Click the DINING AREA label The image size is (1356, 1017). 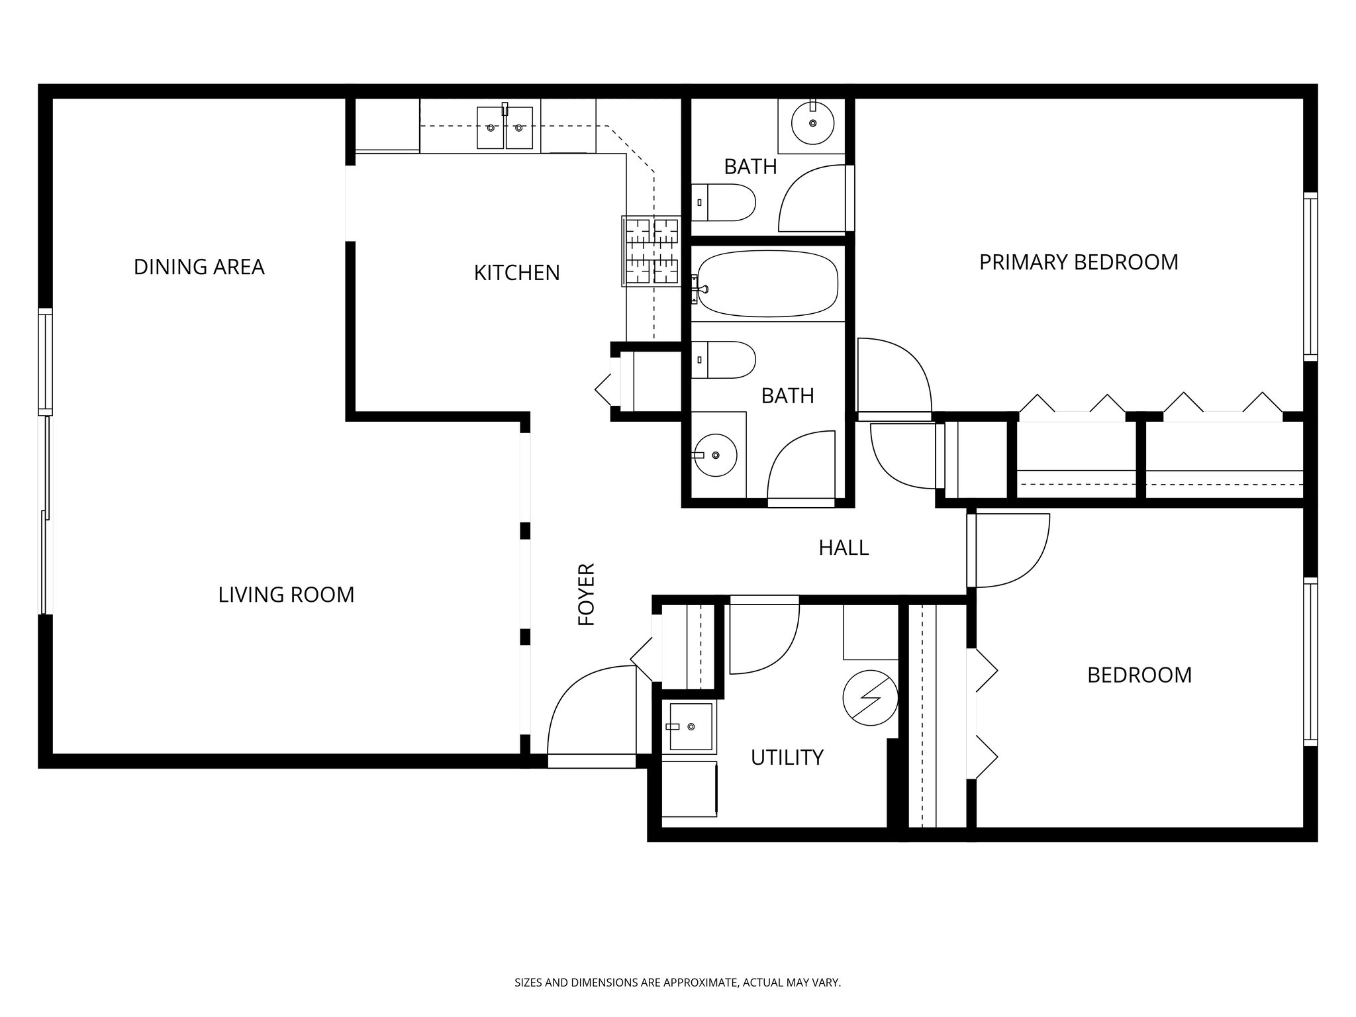[199, 267]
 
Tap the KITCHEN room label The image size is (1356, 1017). [516, 272]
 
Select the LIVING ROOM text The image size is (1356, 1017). [286, 595]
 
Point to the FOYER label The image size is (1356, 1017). [587, 594]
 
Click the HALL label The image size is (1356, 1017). [844, 548]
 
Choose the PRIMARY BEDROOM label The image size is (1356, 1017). [1079, 262]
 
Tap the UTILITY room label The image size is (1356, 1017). [787, 757]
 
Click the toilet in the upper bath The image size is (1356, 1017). [728, 203]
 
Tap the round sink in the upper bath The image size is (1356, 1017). [813, 124]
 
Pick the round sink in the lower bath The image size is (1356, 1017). [715, 455]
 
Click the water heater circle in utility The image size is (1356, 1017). [870, 699]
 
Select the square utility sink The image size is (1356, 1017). [691, 727]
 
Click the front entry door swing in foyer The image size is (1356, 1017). [589, 712]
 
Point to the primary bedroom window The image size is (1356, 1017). [1310, 276]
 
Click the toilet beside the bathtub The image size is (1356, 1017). [727, 360]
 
